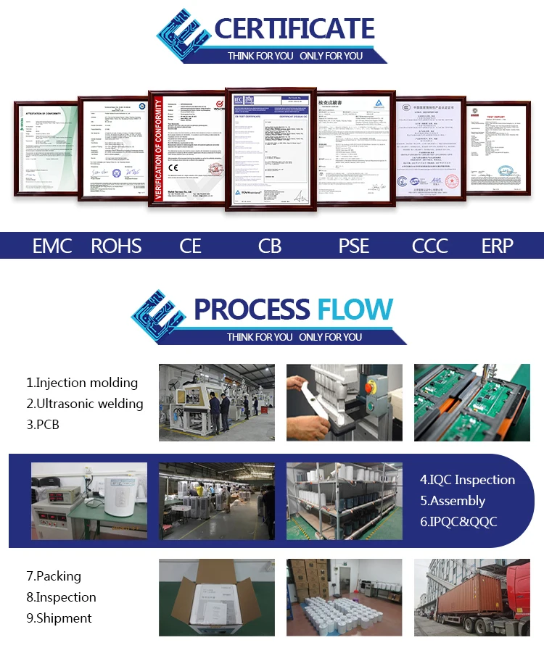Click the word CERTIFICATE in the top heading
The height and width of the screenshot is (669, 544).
[294, 29]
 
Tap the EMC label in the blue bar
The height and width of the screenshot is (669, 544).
[52, 246]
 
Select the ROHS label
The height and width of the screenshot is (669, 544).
[116, 246]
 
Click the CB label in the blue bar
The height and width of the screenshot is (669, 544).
[269, 246]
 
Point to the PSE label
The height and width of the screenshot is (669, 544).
[354, 246]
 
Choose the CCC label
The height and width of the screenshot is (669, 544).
[430, 246]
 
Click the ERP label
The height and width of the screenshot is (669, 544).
[497, 246]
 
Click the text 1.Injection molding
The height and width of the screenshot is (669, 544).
[82, 383]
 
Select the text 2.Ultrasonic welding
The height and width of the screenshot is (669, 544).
[85, 404]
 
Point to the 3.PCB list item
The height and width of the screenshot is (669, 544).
[43, 425]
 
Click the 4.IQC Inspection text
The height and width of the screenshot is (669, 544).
[467, 480]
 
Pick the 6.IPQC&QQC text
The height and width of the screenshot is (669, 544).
[458, 522]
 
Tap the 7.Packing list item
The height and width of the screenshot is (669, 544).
[54, 576]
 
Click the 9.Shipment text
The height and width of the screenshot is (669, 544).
[59, 618]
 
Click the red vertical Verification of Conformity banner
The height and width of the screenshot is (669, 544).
[157, 149]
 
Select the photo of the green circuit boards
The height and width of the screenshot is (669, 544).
[471, 402]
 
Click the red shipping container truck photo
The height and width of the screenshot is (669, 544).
[471, 597]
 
